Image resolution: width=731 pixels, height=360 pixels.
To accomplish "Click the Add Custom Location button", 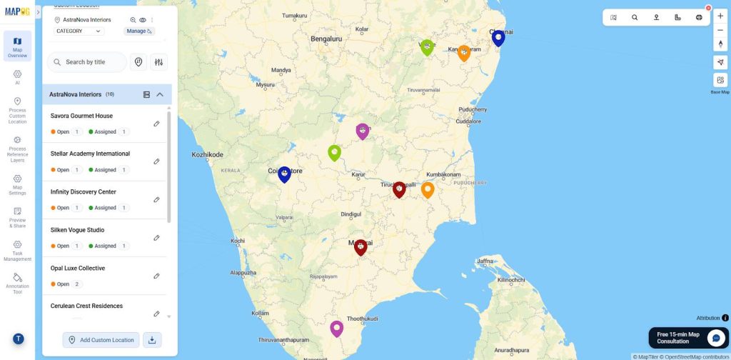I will pos(101,340).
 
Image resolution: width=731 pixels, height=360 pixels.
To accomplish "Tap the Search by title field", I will pos(87,62).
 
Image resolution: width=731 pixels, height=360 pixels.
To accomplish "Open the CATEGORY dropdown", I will pos(79,31).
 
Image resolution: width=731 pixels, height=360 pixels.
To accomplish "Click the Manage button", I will pos(139,31).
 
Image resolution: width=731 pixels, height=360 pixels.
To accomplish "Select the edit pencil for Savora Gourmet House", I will pos(157,124).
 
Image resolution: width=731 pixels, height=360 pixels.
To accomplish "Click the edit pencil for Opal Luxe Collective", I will pos(157,276).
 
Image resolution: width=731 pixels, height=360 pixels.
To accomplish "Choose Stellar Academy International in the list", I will pos(90,154).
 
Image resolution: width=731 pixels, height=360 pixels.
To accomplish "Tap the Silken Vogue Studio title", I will pos(77,230).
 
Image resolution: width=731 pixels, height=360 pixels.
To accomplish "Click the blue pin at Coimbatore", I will pos(284,174).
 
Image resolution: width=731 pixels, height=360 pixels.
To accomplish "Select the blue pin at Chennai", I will pos(498,37).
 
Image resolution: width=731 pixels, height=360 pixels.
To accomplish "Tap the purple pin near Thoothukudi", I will pos(336,328).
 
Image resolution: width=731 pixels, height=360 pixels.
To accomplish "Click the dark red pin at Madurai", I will pos(361,246).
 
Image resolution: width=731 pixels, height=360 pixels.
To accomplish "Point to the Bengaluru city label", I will pos(326,39).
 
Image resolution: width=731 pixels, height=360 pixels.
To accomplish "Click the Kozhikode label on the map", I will pos(208,154).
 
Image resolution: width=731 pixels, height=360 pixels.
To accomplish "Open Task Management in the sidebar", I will pos(17,249).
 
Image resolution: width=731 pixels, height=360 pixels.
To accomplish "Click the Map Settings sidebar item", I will pos(17,184).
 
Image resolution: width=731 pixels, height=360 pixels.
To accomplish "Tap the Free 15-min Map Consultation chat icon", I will pos(715,338).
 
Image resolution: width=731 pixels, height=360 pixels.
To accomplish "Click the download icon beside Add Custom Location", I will pos(152,340).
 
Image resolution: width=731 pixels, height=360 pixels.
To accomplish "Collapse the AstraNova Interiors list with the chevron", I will pos(160,94).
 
